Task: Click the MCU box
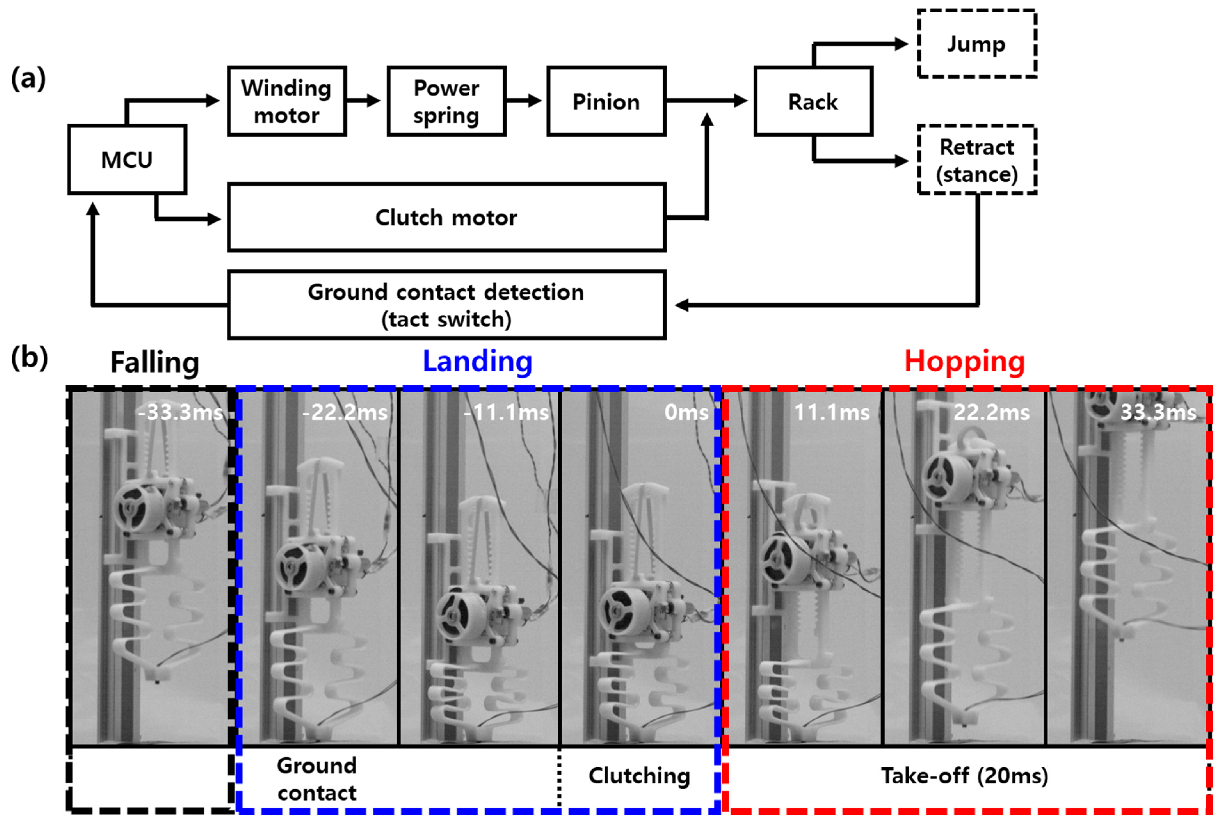tap(126, 159)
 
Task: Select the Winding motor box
tap(286, 101)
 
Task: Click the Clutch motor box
tap(446, 217)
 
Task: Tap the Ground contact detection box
tap(446, 305)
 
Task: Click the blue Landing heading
tap(477, 362)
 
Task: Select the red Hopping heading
tap(964, 362)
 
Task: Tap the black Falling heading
tap(155, 363)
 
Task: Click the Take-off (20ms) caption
tap(964, 776)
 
